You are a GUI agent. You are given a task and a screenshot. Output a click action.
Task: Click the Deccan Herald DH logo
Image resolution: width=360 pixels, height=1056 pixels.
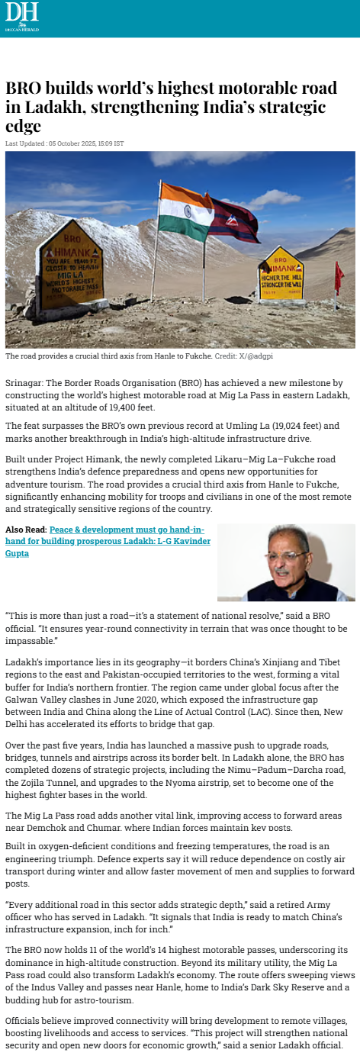(21, 15)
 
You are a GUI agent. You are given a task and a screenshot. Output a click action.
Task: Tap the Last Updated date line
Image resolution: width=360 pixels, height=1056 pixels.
(65, 143)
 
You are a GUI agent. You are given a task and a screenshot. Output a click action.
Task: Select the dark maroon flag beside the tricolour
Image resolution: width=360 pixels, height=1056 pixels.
(235, 218)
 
